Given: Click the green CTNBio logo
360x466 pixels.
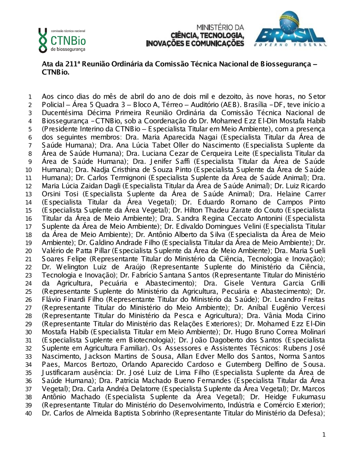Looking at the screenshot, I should (x=62, y=39).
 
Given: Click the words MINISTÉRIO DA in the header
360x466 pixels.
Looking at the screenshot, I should (x=220, y=27).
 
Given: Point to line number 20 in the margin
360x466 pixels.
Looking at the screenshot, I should (x=28, y=251).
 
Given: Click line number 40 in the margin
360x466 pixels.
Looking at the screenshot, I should (x=28, y=413).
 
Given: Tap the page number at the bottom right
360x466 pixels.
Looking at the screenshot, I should (x=324, y=435).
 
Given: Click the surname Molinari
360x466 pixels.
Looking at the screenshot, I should (x=309, y=332).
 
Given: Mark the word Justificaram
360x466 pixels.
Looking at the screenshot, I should (x=59, y=373).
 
